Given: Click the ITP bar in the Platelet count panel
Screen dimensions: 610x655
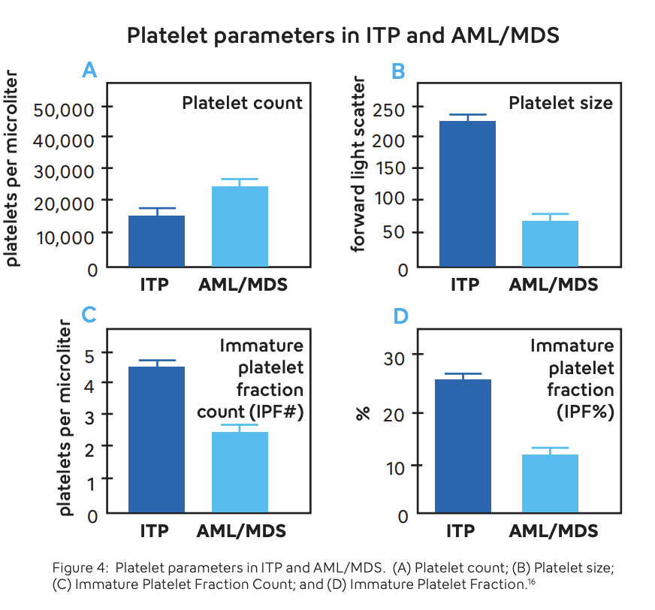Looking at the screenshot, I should (156, 240).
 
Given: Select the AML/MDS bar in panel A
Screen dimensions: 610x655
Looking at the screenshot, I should (240, 226).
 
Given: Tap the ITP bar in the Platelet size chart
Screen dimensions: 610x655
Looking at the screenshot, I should (467, 193).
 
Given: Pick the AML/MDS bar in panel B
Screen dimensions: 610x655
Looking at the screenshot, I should (550, 243).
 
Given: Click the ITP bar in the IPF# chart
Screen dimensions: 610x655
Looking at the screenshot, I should (156, 439).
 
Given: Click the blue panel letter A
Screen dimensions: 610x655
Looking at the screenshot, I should (89, 71).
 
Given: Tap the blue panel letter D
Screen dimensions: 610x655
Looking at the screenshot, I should (400, 316).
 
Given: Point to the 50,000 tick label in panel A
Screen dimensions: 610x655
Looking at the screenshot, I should (63, 109).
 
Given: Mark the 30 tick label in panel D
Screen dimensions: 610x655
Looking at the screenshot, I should (394, 356).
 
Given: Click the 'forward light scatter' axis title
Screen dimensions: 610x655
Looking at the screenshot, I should (359, 165).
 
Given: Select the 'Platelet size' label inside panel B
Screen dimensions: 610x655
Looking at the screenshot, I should (560, 102).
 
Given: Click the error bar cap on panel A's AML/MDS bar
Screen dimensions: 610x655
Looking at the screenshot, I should (240, 180).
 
